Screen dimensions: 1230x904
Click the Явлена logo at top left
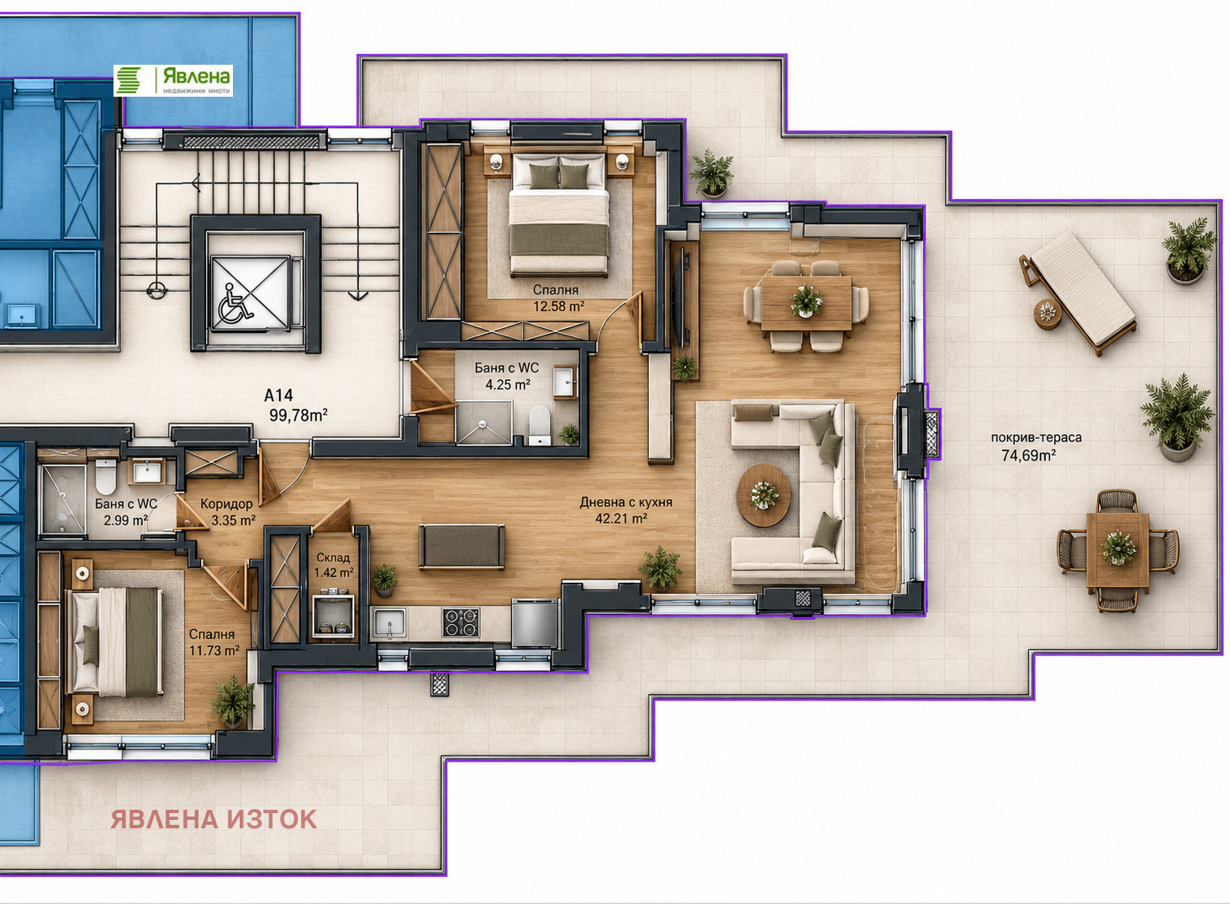173,80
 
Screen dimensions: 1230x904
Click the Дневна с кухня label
626,502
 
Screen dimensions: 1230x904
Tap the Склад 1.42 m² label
333,564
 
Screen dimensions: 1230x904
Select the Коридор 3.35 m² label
227,511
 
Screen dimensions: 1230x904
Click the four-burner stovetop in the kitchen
461,622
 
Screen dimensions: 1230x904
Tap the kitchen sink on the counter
389,623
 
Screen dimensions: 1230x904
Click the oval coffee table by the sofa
763,494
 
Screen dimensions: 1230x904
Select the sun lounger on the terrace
1077,293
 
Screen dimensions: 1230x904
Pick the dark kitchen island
462,547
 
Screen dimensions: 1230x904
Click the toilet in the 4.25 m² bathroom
539,426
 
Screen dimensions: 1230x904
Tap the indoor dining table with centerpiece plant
806,304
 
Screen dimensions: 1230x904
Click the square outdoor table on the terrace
1117,550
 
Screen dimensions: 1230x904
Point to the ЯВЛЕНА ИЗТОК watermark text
214,819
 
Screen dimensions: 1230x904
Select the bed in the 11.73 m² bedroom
115,642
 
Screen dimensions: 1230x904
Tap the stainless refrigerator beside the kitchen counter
534,623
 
